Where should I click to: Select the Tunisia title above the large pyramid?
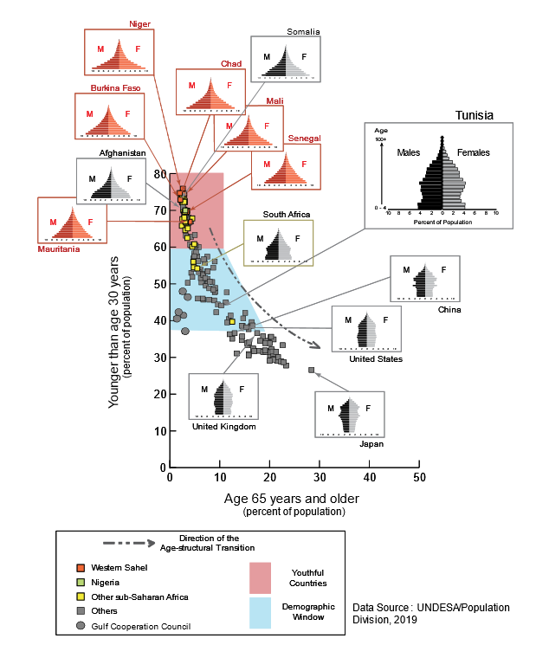coord(475,115)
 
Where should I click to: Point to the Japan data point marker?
coord(311,370)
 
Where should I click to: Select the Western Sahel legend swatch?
coord(81,567)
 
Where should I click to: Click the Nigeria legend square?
coord(81,582)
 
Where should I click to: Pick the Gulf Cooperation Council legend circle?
coord(81,626)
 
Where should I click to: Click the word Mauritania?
coord(60,249)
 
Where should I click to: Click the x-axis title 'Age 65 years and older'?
coord(291,499)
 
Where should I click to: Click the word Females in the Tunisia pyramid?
coord(473,153)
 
